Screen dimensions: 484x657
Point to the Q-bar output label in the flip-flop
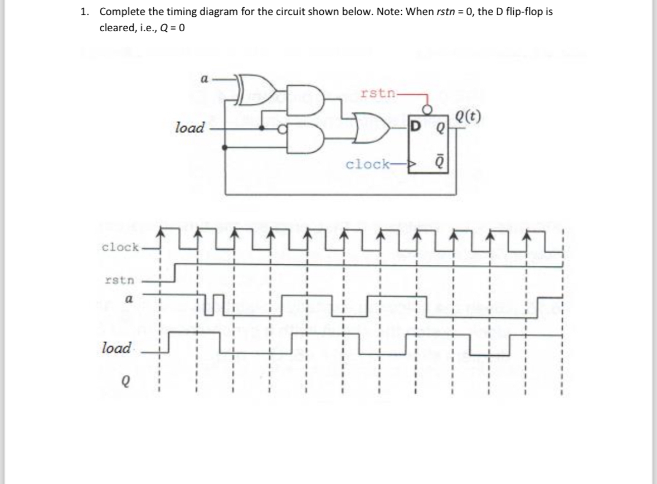(440, 164)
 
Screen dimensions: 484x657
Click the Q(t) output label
(469, 118)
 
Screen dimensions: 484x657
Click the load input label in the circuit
(189, 128)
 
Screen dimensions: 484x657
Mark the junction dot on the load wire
(262, 128)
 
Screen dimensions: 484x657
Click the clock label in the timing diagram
(120, 246)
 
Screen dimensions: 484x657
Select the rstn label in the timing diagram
(119, 279)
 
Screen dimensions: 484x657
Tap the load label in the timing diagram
(116, 348)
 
